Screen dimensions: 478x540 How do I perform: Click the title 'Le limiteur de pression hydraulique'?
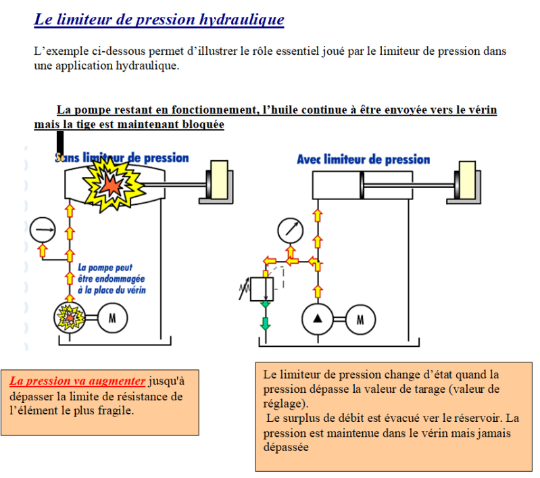(x=159, y=19)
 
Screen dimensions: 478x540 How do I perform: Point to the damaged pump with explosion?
(x=68, y=316)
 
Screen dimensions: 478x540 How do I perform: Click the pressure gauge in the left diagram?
(x=43, y=231)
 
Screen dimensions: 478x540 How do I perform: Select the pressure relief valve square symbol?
(x=260, y=287)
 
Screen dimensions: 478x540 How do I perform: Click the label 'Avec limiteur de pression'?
(x=363, y=160)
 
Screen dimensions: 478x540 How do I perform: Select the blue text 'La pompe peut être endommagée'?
(x=112, y=278)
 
